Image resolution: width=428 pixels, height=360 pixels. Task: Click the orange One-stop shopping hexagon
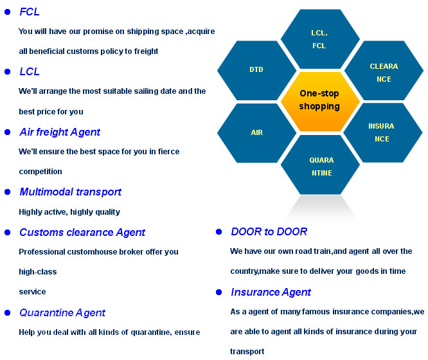(320, 102)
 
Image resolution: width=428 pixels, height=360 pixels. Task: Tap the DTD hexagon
(256, 70)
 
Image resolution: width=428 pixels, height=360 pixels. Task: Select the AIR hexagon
(256, 132)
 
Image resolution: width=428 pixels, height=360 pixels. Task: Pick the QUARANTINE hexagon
(320, 165)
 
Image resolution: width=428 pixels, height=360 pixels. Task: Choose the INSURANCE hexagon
(383, 132)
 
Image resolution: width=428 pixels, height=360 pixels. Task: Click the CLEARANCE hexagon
(384, 70)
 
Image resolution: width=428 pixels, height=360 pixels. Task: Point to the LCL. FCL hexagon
(320, 39)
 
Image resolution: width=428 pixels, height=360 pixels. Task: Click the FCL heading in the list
(30, 12)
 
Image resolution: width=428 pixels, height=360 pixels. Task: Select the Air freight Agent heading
(60, 132)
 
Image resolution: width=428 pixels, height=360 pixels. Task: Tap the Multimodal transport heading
(71, 192)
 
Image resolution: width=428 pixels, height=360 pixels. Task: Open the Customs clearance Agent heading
(82, 233)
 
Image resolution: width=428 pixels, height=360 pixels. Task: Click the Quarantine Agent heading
(62, 312)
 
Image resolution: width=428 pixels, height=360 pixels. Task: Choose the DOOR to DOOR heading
(269, 231)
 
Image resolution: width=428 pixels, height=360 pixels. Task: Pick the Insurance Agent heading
(271, 292)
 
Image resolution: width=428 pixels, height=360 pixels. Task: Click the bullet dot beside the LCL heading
(8, 71)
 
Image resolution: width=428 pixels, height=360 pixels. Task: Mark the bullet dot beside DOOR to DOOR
(219, 232)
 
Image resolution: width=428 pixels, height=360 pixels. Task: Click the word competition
(40, 172)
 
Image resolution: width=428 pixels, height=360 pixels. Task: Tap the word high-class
(38, 272)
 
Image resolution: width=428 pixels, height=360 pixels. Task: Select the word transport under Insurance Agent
(247, 352)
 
